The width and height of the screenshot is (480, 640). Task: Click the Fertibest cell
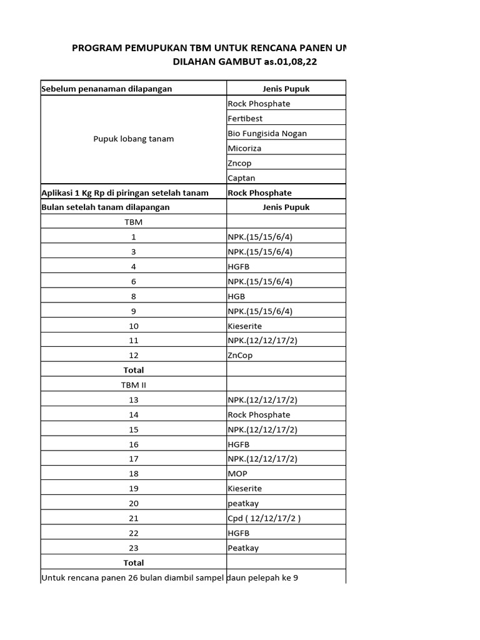tap(245, 119)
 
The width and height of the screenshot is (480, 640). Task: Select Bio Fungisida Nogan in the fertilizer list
tap(267, 134)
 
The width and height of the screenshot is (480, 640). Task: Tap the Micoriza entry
tap(244, 149)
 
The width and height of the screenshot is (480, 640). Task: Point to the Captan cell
tap(241, 178)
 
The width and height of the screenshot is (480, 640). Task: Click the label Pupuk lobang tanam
tap(133, 139)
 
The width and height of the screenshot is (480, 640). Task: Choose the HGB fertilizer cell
tap(237, 296)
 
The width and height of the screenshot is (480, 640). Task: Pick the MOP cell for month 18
tap(237, 474)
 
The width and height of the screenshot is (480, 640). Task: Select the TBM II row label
tap(133, 385)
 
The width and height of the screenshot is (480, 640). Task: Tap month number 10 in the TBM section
tap(133, 326)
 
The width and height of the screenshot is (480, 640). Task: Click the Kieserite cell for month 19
tap(244, 489)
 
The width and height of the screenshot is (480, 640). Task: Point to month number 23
tap(133, 548)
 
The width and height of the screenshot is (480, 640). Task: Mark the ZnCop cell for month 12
tap(240, 356)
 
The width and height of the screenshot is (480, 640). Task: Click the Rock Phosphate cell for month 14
tap(259, 415)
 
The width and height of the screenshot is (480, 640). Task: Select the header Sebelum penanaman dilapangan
tap(106, 89)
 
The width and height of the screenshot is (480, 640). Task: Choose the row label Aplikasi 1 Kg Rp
tap(125, 192)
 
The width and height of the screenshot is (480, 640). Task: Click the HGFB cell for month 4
tap(239, 267)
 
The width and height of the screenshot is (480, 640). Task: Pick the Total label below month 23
tap(133, 562)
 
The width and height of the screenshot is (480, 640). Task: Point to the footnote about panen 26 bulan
tap(169, 577)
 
